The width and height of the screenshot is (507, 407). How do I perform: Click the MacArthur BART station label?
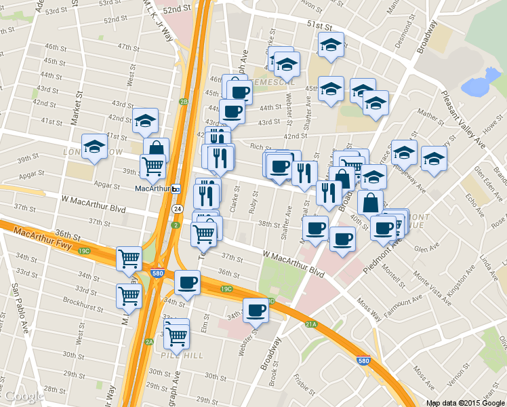click(x=153, y=189)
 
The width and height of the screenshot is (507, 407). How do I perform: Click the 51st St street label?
click(x=318, y=26)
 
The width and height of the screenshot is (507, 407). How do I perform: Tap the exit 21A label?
click(x=312, y=325)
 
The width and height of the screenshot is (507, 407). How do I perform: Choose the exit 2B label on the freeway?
click(x=183, y=102)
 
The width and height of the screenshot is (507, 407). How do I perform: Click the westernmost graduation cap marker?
click(x=94, y=147)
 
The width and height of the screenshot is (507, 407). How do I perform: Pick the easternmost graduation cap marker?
click(x=434, y=158)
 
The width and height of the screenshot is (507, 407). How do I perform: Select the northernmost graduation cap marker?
click(x=330, y=45)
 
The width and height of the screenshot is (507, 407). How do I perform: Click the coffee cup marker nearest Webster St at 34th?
click(x=256, y=310)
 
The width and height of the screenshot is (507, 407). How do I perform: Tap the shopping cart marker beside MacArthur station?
click(x=153, y=165)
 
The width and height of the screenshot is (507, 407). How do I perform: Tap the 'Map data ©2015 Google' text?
click(x=465, y=402)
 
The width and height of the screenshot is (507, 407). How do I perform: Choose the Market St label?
click(x=78, y=105)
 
